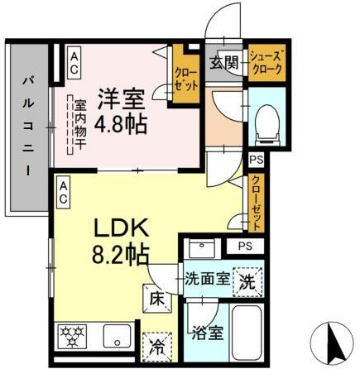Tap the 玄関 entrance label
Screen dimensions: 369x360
coord(223,62)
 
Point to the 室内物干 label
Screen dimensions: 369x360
coord(80,124)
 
